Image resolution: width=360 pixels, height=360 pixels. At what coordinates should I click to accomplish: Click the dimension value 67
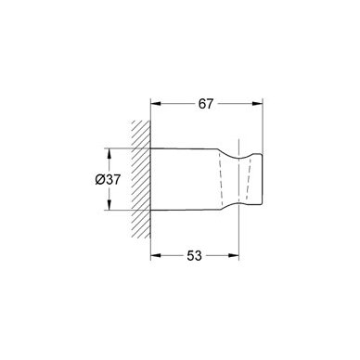(206, 104)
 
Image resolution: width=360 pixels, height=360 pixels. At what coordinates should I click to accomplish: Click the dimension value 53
(194, 255)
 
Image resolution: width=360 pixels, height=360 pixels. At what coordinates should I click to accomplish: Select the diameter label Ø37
(108, 180)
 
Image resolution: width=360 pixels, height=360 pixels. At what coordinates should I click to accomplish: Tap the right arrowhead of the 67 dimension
(257, 104)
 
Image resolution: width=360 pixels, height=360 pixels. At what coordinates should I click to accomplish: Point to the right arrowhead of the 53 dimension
(234, 255)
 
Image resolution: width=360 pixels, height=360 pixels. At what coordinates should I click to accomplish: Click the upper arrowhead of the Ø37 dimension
(109, 154)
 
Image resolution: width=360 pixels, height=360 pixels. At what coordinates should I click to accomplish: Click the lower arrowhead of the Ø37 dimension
(109, 204)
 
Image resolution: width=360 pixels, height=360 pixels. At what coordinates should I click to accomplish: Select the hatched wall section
(141, 180)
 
